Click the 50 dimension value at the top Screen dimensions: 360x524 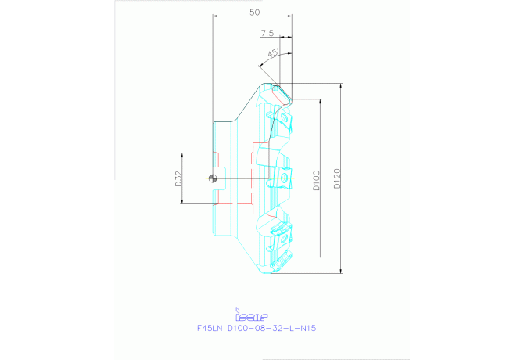255,13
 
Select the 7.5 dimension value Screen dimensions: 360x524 267,33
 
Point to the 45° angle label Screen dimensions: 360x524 274,53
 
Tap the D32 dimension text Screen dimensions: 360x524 178,178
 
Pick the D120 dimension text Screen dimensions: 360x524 337,178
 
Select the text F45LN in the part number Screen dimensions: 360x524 210,329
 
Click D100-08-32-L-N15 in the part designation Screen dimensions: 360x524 271,329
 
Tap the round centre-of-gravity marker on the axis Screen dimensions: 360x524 213,178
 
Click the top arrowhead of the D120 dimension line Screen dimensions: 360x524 342,86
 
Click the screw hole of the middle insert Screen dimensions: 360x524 284,178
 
